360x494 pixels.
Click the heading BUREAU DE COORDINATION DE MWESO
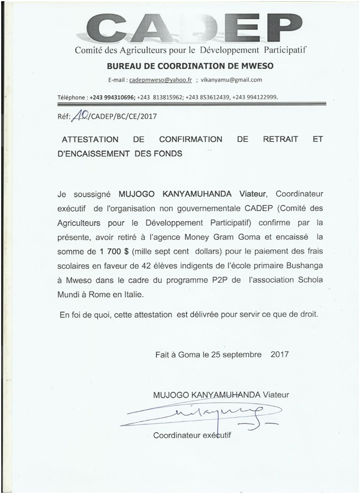[190, 65]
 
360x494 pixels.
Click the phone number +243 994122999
[255, 97]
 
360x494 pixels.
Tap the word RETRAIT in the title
[277, 140]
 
